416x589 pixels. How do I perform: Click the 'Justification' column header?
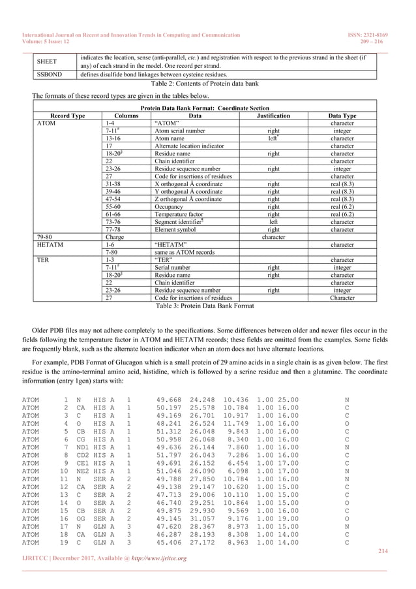(273, 115)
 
